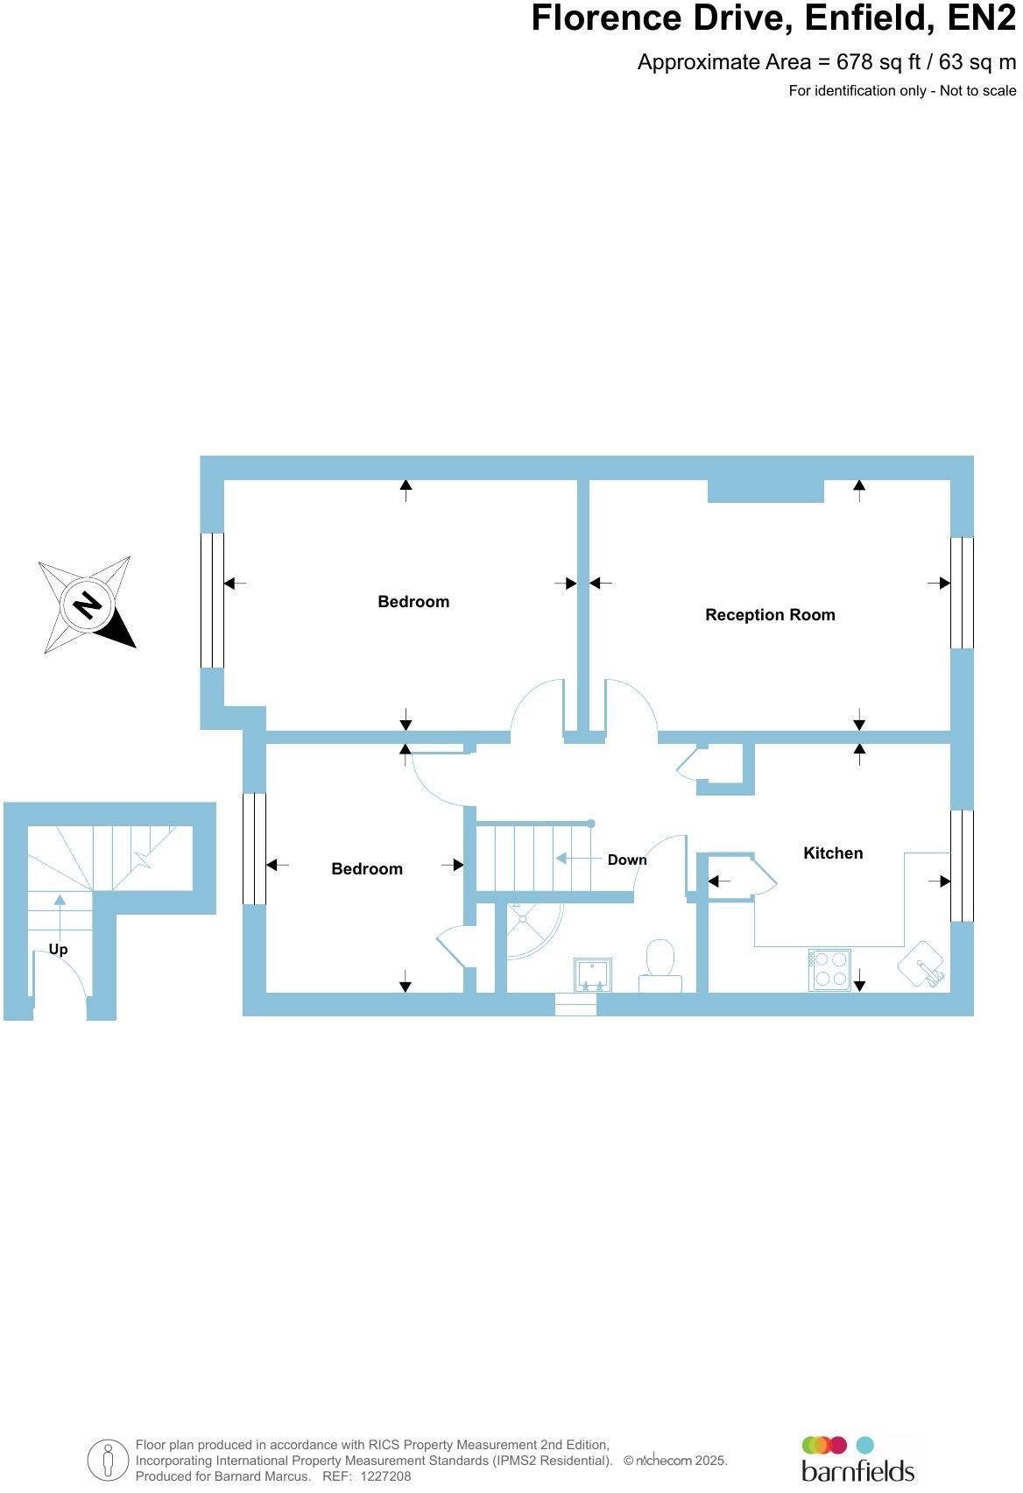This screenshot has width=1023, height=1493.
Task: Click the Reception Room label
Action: (x=770, y=615)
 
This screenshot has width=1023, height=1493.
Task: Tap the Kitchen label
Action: (x=833, y=853)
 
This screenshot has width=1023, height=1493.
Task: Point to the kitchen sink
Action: (x=921, y=966)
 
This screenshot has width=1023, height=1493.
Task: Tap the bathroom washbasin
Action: (x=593, y=974)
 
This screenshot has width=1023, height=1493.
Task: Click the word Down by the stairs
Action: (x=627, y=860)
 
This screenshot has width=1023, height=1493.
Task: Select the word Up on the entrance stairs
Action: (x=58, y=949)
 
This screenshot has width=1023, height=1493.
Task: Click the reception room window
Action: (x=962, y=592)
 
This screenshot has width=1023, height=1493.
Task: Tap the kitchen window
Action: (x=962, y=866)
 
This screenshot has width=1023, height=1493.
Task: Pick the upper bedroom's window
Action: (x=212, y=600)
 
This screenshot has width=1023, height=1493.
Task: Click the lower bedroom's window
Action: (x=254, y=848)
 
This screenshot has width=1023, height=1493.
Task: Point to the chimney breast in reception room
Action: (x=765, y=491)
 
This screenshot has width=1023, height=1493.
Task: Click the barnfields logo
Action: (x=857, y=1461)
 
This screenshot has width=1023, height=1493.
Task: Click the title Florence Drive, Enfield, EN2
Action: (x=773, y=18)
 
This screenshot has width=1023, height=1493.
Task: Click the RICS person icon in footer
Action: (x=108, y=1461)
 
